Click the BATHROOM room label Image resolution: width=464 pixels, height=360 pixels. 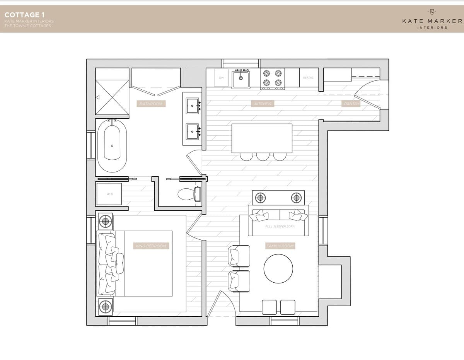(151, 104)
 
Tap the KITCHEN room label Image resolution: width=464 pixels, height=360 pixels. (263, 104)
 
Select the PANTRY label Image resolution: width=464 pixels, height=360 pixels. (351, 104)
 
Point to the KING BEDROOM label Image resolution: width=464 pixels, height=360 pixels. (151, 246)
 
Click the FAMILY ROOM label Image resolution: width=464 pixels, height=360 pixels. (280, 246)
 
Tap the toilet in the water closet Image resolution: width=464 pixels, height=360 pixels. (189, 194)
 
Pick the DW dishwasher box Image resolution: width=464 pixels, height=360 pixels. (221, 78)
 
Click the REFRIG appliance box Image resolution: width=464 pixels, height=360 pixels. (308, 78)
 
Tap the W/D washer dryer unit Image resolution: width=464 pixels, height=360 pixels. (109, 194)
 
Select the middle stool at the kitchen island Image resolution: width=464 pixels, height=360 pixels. (263, 156)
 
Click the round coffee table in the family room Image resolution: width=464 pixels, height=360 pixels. (278, 268)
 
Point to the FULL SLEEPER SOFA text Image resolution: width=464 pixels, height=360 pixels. (280, 227)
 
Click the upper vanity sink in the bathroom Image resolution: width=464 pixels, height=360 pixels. (192, 106)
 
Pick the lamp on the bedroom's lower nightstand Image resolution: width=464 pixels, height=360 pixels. (105, 307)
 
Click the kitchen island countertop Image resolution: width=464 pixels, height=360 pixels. (262, 138)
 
